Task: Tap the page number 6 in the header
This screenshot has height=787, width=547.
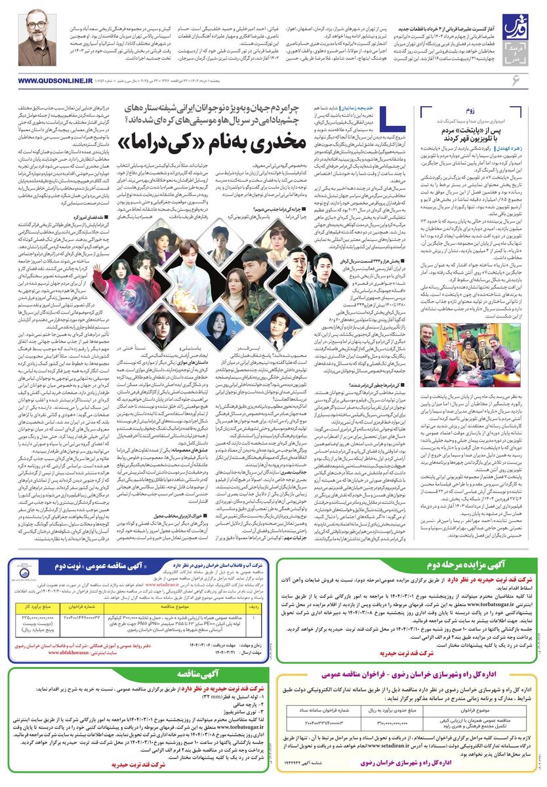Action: tap(516, 79)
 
